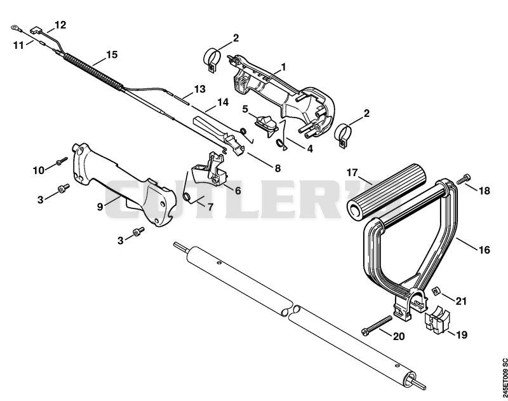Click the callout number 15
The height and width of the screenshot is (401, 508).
(x=112, y=55)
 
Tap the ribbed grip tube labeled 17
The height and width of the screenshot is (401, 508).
(x=387, y=193)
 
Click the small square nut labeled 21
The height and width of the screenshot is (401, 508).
(x=437, y=291)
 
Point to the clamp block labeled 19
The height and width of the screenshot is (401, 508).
(x=438, y=319)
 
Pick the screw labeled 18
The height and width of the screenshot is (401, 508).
(x=464, y=179)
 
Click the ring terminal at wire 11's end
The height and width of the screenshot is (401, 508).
(x=15, y=28)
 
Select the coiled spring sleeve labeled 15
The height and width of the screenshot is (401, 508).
(x=93, y=72)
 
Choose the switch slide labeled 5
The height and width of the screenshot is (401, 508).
(x=266, y=124)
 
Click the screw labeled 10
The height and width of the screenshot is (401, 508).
(x=62, y=161)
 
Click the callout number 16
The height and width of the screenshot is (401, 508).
(x=484, y=250)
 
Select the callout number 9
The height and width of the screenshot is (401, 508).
(x=100, y=206)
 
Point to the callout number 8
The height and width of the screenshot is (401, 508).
(x=277, y=168)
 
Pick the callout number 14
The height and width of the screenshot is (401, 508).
(x=223, y=102)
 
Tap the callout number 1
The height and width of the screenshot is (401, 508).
(x=283, y=67)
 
